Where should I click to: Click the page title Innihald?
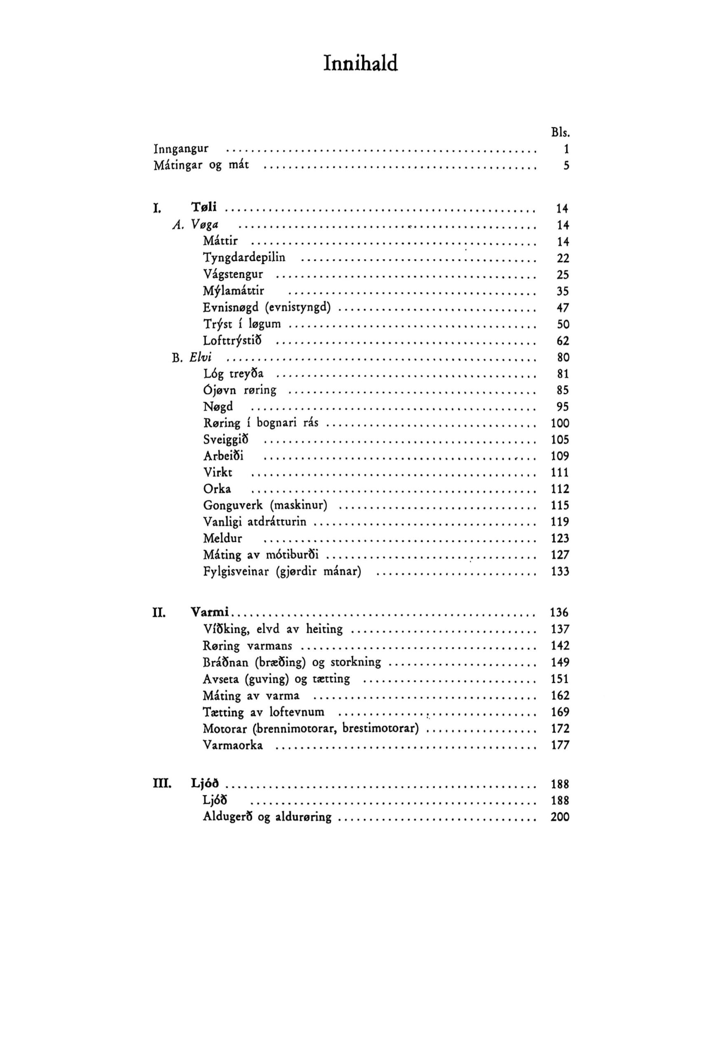tap(360, 63)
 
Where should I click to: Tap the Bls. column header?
tap(560, 133)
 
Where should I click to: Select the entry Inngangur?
tap(181, 149)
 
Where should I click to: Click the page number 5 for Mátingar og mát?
tap(566, 166)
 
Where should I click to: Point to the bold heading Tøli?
tap(204, 207)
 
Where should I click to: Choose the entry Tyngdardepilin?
tap(244, 258)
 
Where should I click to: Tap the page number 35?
tap(563, 291)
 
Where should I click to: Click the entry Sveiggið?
tap(226, 439)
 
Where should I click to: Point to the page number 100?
tap(560, 423)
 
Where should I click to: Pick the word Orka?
tap(217, 489)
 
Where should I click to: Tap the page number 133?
tap(560, 571)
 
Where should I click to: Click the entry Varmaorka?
tap(233, 745)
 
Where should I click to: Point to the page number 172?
tap(560, 728)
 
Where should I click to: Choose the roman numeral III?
tap(161, 784)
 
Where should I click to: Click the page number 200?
tap(560, 817)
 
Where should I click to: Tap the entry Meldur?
tap(222, 539)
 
